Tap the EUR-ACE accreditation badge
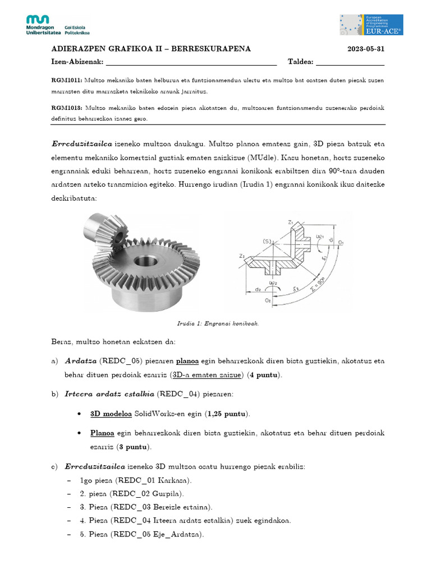371,25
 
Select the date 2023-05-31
366,49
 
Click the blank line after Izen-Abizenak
191,62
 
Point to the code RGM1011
67,80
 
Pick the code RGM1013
67,108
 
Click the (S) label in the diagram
267,242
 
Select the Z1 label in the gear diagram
291,223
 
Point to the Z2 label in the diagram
242,256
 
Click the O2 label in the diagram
268,300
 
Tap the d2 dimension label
257,289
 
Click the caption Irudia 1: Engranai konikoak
217,323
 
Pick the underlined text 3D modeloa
111,414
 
